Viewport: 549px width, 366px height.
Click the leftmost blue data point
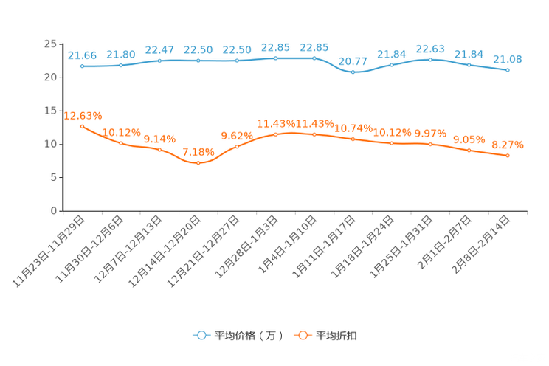click(x=82, y=66)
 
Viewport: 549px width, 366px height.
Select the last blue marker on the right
click(x=508, y=69)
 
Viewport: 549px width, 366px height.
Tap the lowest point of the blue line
click(x=353, y=72)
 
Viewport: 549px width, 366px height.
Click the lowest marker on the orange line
click(x=198, y=162)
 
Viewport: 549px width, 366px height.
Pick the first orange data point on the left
click(x=82, y=126)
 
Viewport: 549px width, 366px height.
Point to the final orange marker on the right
click(x=508, y=155)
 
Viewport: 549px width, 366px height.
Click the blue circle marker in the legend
click(x=201, y=335)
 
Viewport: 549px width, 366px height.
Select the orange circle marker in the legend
click(x=302, y=335)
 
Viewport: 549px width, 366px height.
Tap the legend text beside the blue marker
click(x=249, y=336)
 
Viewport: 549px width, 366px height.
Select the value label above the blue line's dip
click(x=353, y=61)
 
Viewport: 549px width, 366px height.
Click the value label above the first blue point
click(x=82, y=55)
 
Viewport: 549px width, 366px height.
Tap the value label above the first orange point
click(x=83, y=116)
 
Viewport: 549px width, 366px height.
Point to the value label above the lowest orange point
click(x=198, y=151)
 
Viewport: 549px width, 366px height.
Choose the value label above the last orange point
click(x=508, y=144)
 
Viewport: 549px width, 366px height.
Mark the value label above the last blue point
click(x=508, y=58)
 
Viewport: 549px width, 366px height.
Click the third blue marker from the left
click(x=159, y=60)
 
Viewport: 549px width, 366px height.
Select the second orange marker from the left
click(x=121, y=142)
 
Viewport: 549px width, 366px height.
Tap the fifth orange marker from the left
click(x=237, y=145)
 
